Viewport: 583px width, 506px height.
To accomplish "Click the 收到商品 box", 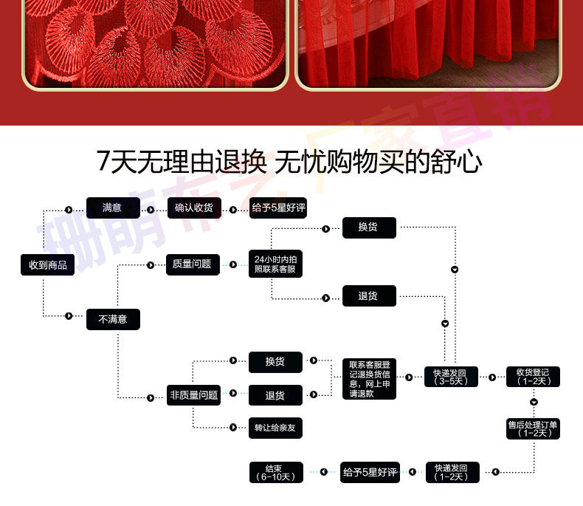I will point(47,264).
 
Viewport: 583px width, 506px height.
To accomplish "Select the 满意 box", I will point(112,208).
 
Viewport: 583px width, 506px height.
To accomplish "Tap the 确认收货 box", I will point(193,208).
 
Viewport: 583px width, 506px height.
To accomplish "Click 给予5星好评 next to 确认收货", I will point(277,208).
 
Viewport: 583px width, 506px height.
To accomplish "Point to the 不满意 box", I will point(112,319).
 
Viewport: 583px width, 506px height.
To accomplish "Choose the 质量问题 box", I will point(192,264).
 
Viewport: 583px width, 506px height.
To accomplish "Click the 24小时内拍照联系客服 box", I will point(276,264).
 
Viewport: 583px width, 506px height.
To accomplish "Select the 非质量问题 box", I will point(193,395).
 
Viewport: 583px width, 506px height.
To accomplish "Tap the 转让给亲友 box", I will point(275,428).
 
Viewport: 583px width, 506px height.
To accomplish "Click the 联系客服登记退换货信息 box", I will point(369,379).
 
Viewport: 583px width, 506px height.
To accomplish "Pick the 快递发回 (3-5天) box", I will point(452,377).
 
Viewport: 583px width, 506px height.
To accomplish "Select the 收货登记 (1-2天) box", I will point(533,377).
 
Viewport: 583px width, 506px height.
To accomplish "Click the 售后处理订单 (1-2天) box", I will point(533,428).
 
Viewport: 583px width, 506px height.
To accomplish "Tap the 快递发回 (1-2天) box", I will point(452,472).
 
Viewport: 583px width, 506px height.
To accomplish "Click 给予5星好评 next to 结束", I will point(369,472).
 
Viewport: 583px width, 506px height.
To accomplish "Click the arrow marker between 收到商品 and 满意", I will point(69,209).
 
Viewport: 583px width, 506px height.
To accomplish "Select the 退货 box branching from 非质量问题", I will point(275,395).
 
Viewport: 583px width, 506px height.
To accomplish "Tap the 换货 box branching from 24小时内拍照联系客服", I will point(369,228).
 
